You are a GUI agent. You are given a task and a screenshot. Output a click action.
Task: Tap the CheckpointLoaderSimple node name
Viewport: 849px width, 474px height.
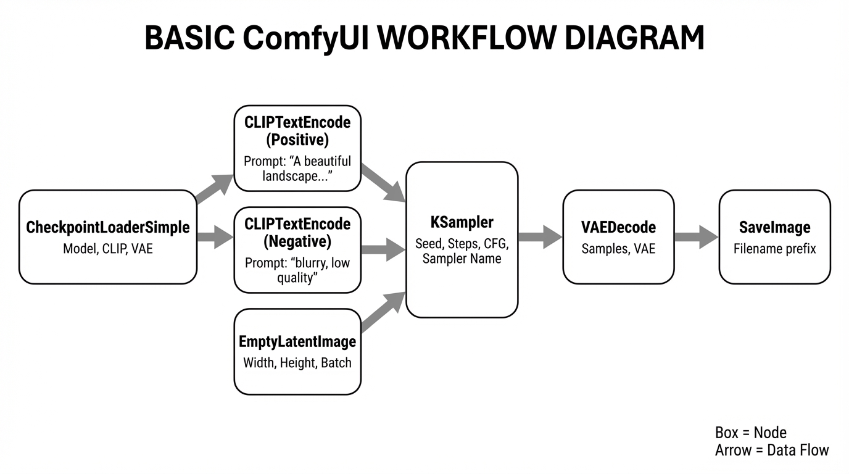point(108,228)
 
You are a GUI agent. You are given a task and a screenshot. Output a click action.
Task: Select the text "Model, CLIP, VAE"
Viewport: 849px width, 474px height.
point(108,249)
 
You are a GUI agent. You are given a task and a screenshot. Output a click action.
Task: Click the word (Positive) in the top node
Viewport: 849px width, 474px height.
point(297,140)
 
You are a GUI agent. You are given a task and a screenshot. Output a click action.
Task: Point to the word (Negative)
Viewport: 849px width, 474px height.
point(297,241)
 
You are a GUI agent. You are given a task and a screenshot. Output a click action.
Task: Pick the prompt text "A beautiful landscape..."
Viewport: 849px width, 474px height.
point(297,168)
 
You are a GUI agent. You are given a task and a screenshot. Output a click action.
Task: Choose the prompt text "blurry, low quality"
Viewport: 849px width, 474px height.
point(297,270)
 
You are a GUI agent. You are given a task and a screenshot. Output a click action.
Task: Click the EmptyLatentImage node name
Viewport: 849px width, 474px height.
point(297,342)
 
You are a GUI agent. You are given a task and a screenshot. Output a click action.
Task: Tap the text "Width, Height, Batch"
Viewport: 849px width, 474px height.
point(297,363)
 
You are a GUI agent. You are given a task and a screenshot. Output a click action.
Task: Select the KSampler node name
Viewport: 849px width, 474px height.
point(462,223)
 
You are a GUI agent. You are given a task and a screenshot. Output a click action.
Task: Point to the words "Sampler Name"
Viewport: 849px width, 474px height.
point(462,259)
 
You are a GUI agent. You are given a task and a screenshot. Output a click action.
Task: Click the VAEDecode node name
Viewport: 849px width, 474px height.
point(618,228)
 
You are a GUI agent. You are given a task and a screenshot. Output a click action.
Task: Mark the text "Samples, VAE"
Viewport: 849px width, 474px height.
point(618,249)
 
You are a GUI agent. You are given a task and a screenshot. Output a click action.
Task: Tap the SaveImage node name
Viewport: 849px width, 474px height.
point(774,228)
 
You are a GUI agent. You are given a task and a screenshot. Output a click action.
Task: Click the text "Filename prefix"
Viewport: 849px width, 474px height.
point(774,249)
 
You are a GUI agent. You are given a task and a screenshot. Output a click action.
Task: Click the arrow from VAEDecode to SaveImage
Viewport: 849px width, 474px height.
point(696,237)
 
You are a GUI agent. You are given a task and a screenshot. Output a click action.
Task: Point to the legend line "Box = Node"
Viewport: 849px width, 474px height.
point(750,433)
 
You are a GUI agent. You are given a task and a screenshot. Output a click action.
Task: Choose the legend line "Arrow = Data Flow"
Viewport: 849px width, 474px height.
point(772,451)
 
